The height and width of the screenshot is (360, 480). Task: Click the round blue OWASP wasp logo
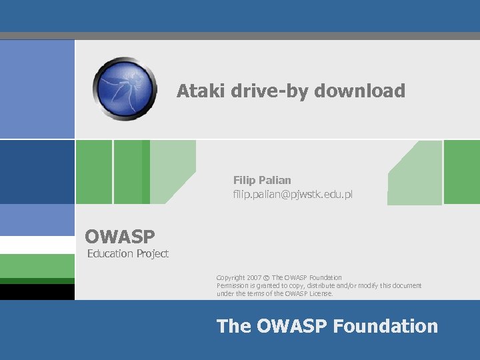125,88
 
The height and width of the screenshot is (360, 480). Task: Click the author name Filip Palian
262,180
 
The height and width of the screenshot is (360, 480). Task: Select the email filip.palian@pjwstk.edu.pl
292,195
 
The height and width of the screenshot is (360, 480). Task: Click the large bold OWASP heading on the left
120,236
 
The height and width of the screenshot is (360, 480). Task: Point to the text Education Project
128,253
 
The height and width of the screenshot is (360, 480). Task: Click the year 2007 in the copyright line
253,277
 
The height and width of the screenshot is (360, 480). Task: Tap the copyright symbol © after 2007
267,278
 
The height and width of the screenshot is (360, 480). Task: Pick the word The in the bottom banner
233,326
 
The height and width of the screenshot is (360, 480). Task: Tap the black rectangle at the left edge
37,291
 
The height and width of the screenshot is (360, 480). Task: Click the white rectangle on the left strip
37,245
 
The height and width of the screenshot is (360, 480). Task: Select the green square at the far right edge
461,171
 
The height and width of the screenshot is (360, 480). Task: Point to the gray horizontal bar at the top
240,36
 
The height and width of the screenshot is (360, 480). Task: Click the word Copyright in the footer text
230,277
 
